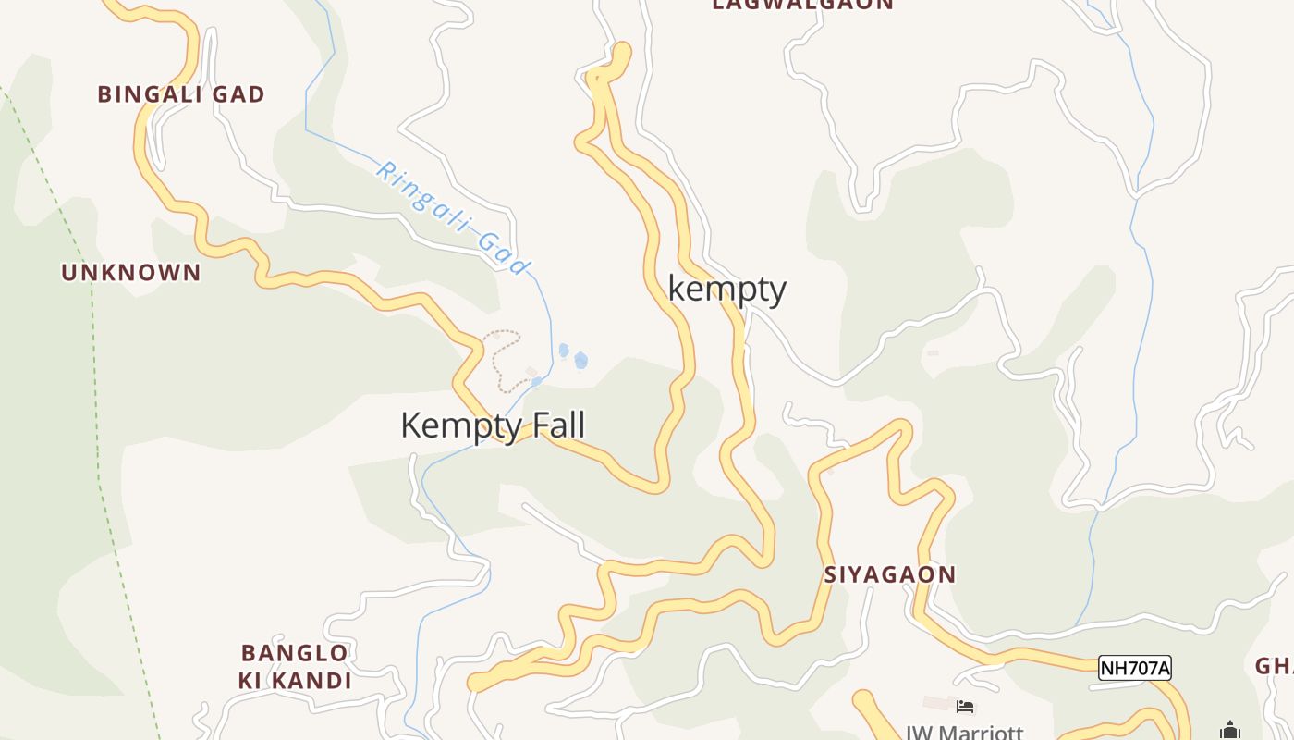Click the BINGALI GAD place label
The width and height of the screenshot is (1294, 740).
coord(181,94)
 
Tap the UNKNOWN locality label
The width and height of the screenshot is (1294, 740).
coord(130,273)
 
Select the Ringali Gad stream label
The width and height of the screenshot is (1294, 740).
coord(454,219)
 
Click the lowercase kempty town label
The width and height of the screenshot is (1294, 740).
coord(726,290)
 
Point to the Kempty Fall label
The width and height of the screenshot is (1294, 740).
coord(493,425)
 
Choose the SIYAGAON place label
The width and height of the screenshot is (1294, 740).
coord(889,574)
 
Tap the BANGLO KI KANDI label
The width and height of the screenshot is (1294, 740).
coord(295,667)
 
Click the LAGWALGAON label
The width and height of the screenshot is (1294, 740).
coord(802,5)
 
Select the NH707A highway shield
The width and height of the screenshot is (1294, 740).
coord(1134,668)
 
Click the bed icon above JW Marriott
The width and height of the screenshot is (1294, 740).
coord(965,708)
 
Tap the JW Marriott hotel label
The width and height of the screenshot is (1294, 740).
coord(964,732)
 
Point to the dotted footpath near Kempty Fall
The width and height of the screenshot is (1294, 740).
coord(504,361)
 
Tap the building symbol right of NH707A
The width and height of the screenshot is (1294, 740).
coord(1229,730)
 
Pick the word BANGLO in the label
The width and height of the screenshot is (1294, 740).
coord(295,653)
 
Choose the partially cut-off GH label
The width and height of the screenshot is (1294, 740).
coord(1275,666)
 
